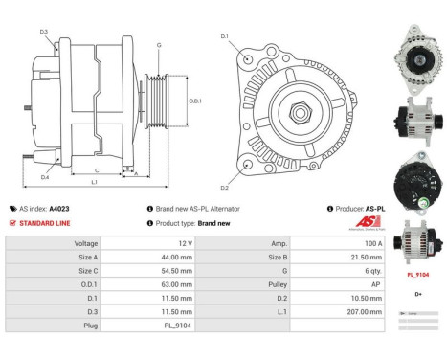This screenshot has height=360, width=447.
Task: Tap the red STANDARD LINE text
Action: tap(45, 222)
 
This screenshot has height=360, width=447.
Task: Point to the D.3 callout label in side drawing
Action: tap(44, 33)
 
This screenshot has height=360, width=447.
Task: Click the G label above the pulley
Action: tap(159, 45)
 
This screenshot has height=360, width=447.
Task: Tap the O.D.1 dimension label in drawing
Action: tap(195, 101)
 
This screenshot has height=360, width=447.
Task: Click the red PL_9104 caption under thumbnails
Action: tap(417, 274)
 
